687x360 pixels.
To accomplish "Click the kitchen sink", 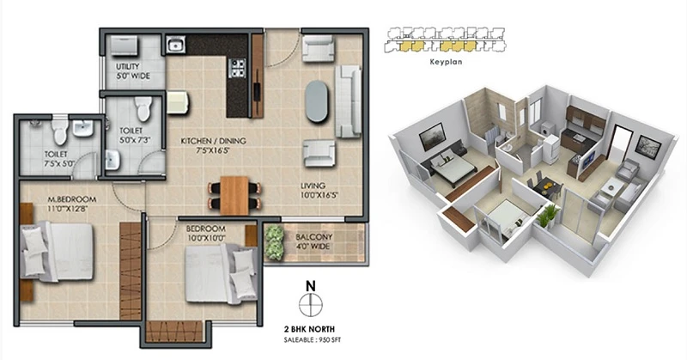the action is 176,45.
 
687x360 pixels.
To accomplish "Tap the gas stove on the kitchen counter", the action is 237,68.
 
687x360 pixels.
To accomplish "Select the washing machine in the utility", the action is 125,46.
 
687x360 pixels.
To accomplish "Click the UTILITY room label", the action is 128,67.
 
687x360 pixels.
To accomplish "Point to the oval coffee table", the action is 316,101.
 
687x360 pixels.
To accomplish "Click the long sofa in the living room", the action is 349,101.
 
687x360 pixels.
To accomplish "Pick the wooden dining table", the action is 234,196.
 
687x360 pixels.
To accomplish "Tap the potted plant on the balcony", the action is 274,242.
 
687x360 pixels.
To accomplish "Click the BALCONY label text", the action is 314,237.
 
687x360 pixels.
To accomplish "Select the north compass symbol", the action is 311,304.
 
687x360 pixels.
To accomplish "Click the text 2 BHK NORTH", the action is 309,329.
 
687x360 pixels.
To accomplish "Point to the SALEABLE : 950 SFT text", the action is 312,340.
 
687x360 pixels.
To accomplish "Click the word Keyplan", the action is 446,62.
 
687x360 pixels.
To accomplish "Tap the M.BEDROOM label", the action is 72,199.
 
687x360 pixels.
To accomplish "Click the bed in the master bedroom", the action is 57,251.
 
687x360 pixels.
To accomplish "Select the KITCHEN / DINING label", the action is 213,141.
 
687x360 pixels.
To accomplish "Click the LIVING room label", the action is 313,186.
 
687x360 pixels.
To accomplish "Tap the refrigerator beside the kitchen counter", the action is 178,102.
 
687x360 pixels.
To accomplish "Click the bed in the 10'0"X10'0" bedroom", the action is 222,273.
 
